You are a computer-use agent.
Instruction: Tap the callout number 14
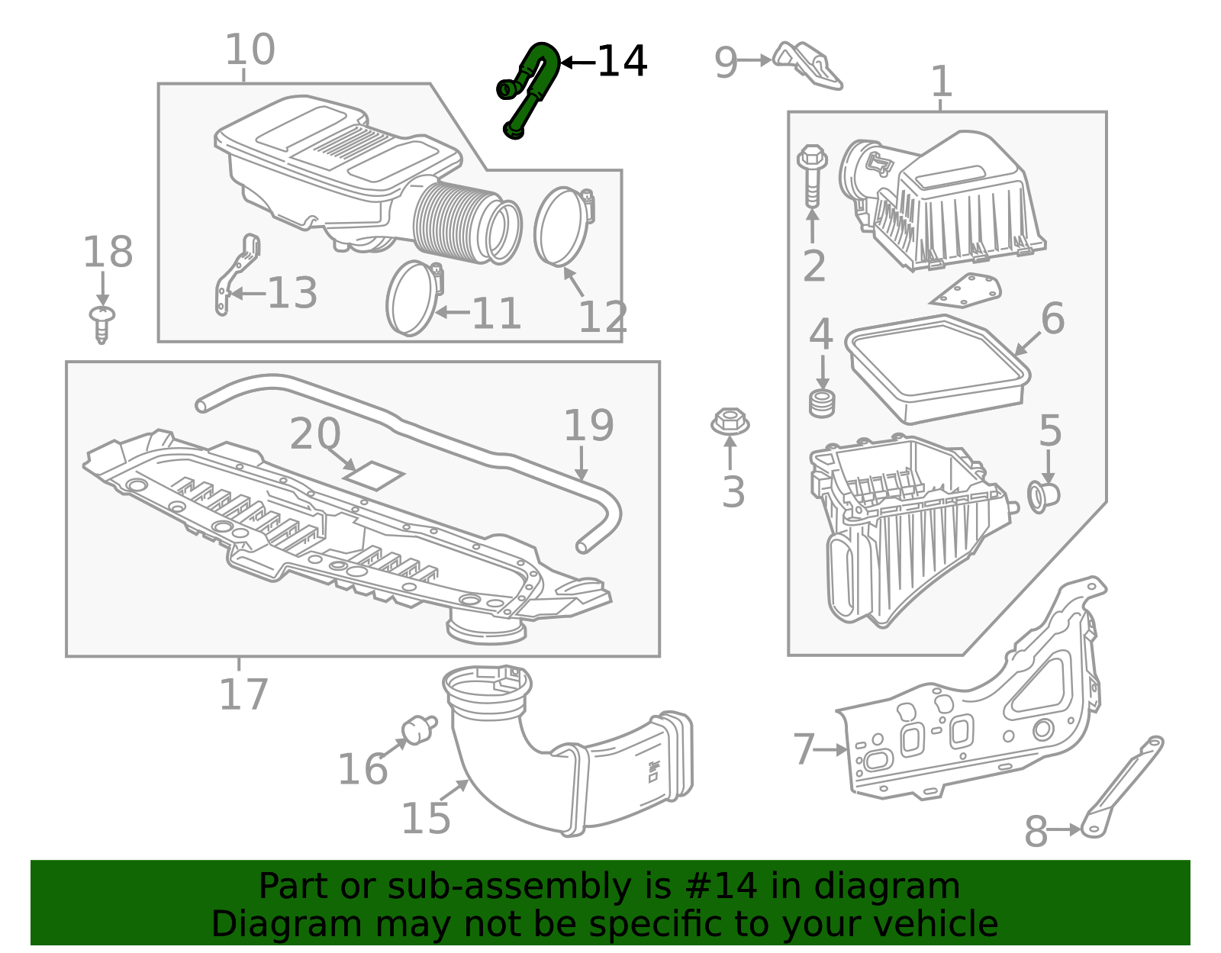tap(622, 62)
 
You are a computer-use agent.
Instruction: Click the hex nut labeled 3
tap(730, 421)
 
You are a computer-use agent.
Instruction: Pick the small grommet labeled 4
tap(822, 403)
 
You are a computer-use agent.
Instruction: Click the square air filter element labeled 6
tap(937, 371)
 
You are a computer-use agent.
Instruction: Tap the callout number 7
tap(804, 749)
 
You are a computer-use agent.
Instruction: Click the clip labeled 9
tap(807, 66)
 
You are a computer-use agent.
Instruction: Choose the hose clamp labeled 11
tap(413, 298)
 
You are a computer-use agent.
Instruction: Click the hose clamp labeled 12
tap(563, 227)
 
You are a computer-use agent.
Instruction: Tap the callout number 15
tap(426, 819)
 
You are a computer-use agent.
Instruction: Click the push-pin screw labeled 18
tap(101, 323)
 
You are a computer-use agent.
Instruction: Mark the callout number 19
tap(588, 426)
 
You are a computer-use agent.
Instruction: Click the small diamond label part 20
tap(374, 475)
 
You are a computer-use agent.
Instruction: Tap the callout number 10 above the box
tap(250, 50)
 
